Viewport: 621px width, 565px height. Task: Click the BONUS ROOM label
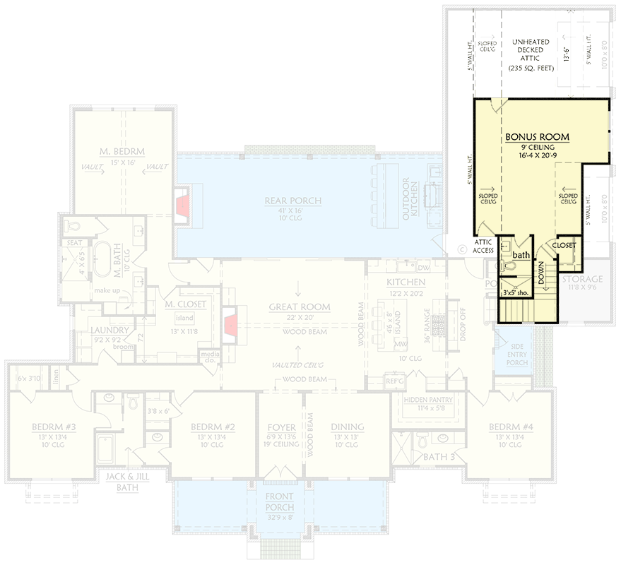point(537,136)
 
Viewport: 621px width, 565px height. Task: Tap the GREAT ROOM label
point(299,307)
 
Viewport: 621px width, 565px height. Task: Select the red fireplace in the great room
point(230,325)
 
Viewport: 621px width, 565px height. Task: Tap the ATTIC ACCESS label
point(483,246)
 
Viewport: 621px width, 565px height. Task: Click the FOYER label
point(280,427)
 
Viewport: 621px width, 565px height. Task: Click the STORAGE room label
point(583,280)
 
